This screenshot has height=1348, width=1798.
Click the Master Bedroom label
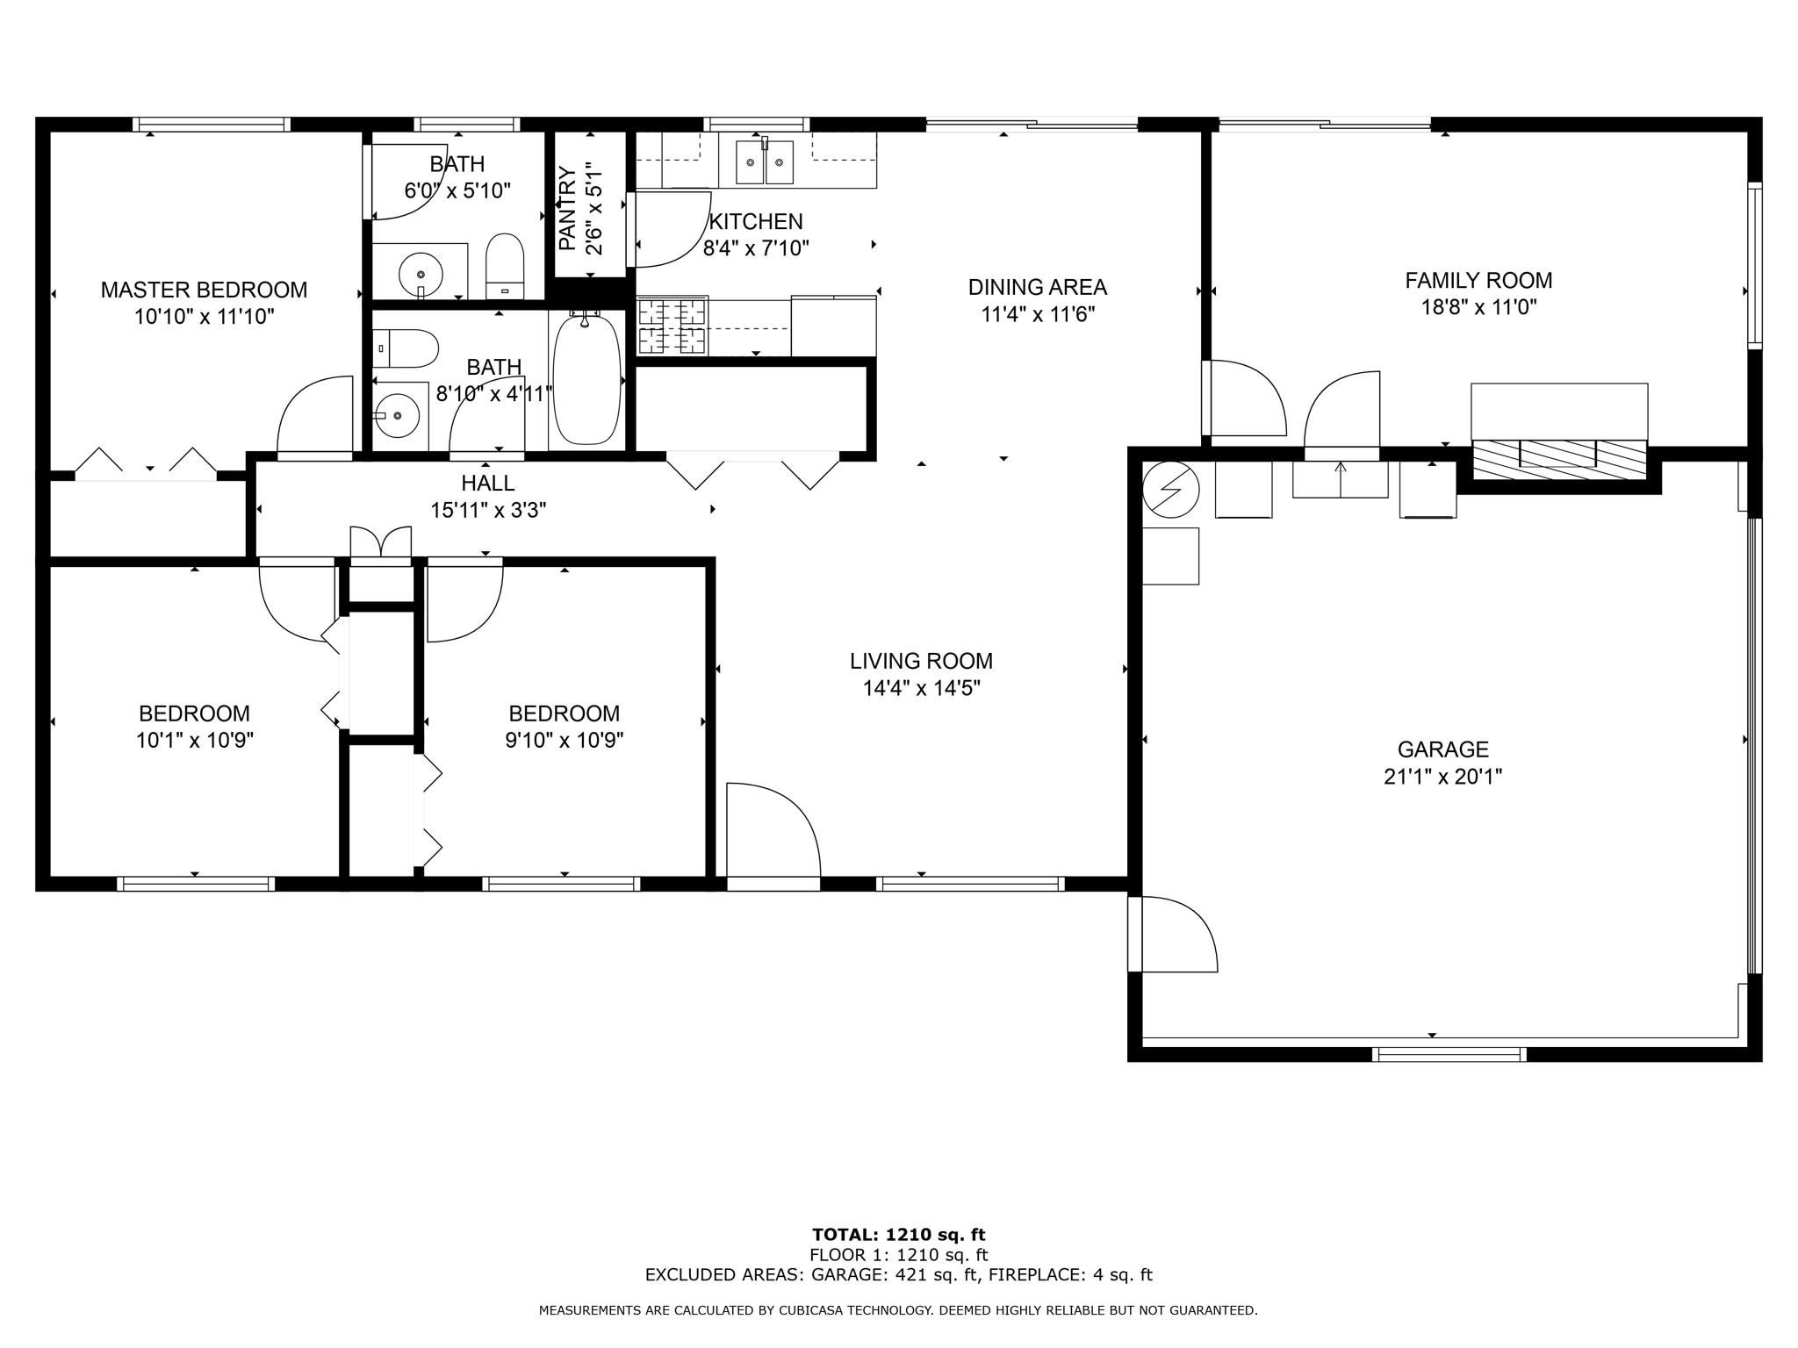pyautogui.click(x=204, y=290)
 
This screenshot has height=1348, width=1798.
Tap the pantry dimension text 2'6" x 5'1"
pyautogui.click(x=595, y=208)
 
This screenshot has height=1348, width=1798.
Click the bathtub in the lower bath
pyautogui.click(x=586, y=380)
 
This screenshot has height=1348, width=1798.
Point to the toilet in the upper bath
pyautogui.click(x=505, y=266)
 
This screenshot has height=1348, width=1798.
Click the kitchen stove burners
pyautogui.click(x=672, y=326)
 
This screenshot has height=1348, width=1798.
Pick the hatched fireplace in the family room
pyautogui.click(x=1559, y=459)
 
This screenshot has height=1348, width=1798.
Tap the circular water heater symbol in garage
pyautogui.click(x=1170, y=490)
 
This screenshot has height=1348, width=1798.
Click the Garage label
pyautogui.click(x=1443, y=749)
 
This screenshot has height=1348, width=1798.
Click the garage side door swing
pyautogui.click(x=1175, y=934)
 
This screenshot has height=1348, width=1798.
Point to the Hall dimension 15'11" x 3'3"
pyautogui.click(x=488, y=510)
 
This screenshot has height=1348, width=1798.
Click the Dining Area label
pyautogui.click(x=1037, y=287)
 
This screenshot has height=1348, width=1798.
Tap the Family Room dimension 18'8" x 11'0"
pyautogui.click(x=1478, y=307)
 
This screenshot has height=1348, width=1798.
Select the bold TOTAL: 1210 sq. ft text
pyautogui.click(x=898, y=1235)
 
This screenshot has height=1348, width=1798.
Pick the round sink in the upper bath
pyautogui.click(x=421, y=274)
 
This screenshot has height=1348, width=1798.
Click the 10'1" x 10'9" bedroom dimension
pyautogui.click(x=194, y=741)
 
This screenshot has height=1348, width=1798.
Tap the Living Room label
pyautogui.click(x=921, y=661)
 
